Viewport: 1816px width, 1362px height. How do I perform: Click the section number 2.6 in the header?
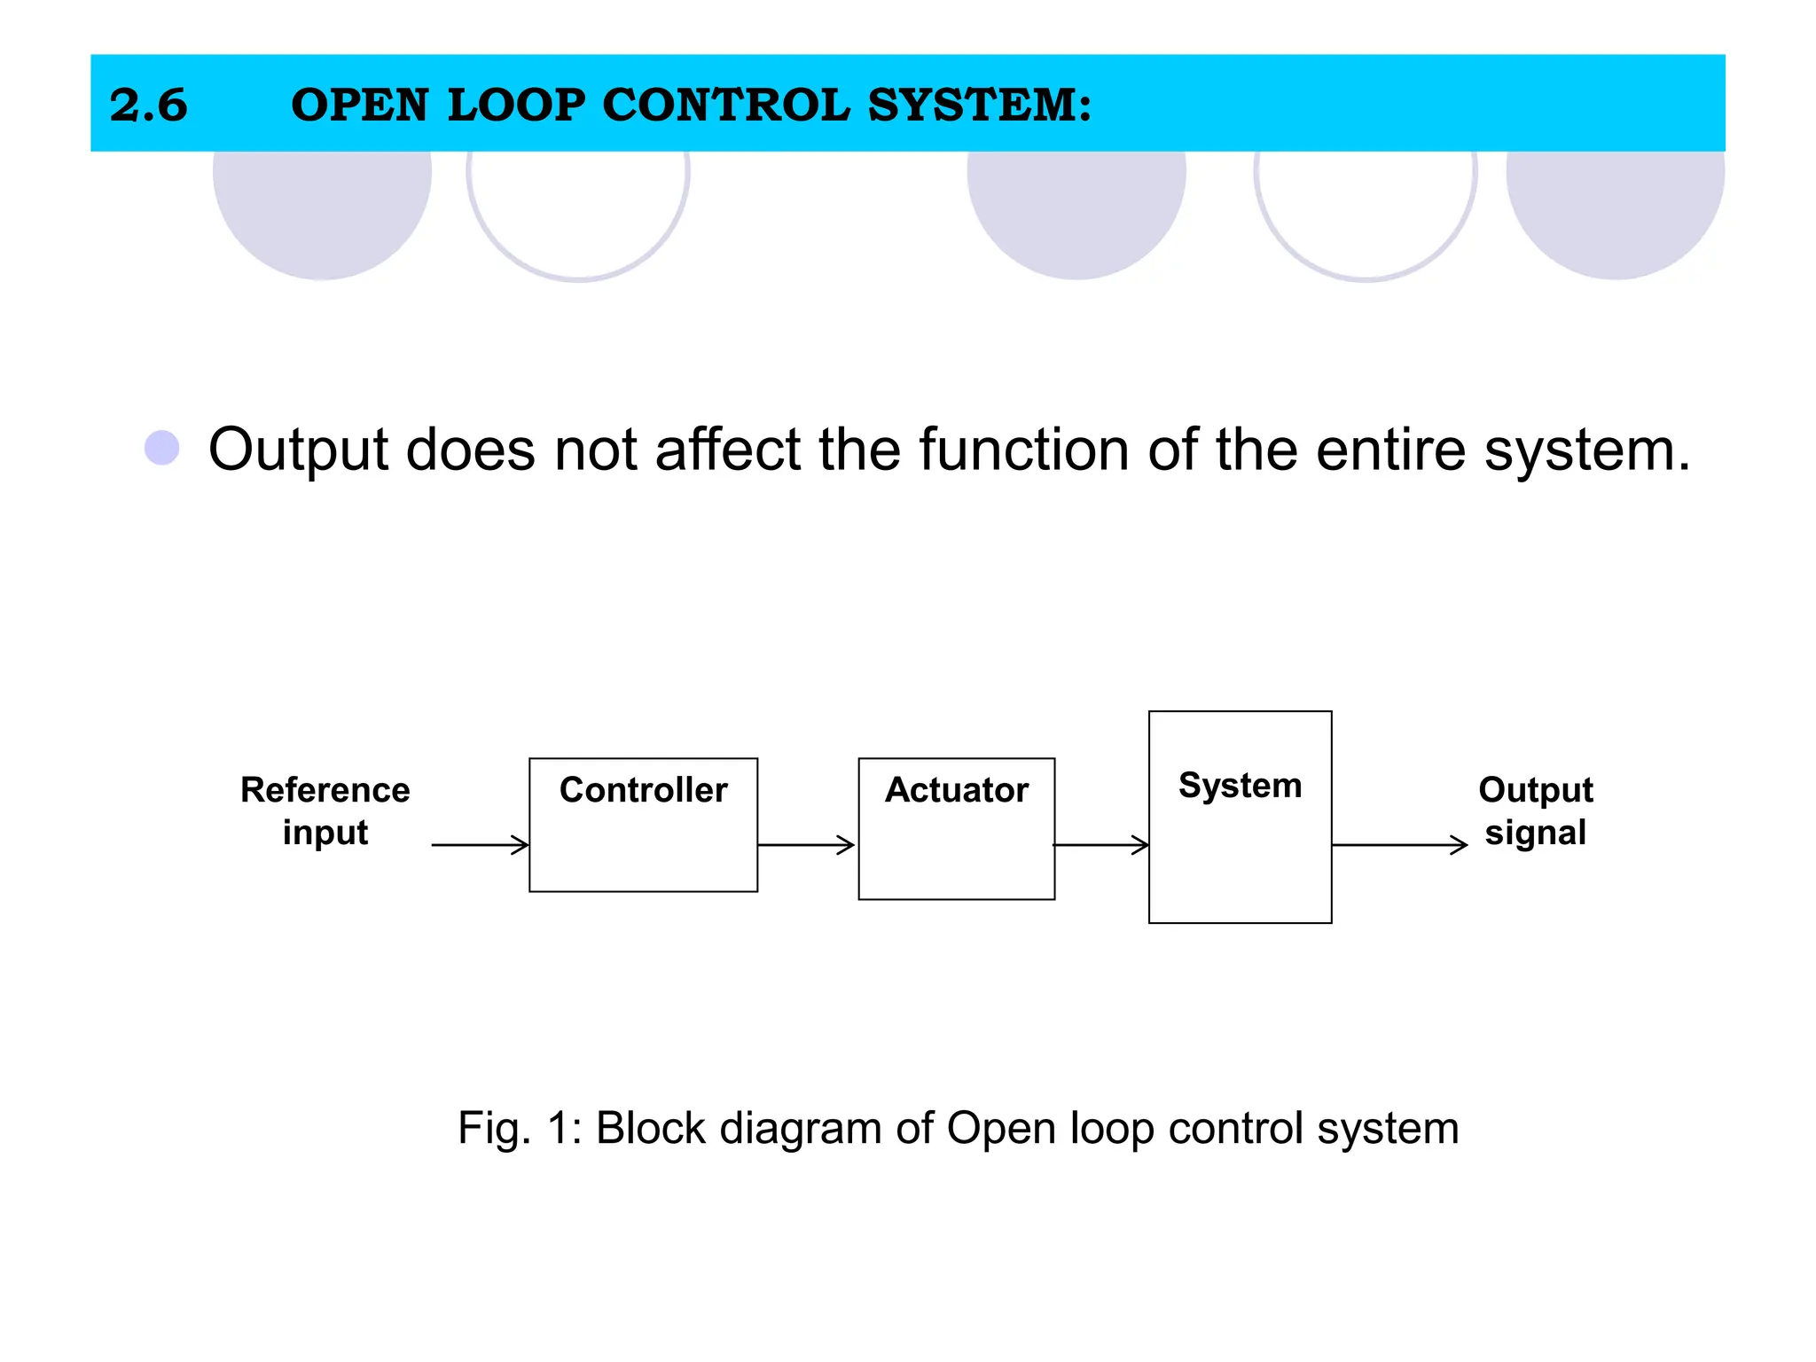pos(148,105)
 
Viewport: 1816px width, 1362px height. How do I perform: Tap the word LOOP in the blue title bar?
pos(516,105)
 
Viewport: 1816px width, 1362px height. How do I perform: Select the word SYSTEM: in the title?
pos(979,105)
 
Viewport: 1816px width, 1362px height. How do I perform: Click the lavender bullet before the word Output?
pos(162,448)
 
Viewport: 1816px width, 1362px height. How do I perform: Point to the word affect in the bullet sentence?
pos(727,449)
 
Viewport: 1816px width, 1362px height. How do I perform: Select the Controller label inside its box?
pos(643,789)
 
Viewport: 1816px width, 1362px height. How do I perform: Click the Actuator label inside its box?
pos(957,789)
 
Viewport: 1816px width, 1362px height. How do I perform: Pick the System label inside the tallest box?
pos(1240,785)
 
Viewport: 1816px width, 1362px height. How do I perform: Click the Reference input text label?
pos(325,810)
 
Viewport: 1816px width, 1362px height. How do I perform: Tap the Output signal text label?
pos(1535,810)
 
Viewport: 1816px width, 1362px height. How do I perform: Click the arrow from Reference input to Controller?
pos(480,845)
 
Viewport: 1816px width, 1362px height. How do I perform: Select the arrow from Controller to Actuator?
pos(806,845)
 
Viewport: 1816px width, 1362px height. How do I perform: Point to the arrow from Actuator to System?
pos(1101,845)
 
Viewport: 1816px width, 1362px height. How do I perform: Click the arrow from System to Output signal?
pos(1399,845)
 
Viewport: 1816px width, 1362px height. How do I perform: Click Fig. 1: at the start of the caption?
pos(519,1129)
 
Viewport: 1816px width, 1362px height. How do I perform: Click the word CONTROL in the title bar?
pos(725,105)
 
